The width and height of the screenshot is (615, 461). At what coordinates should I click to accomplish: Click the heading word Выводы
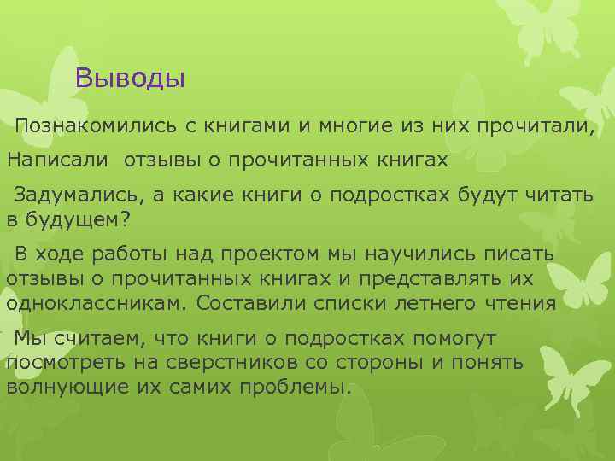130,79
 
